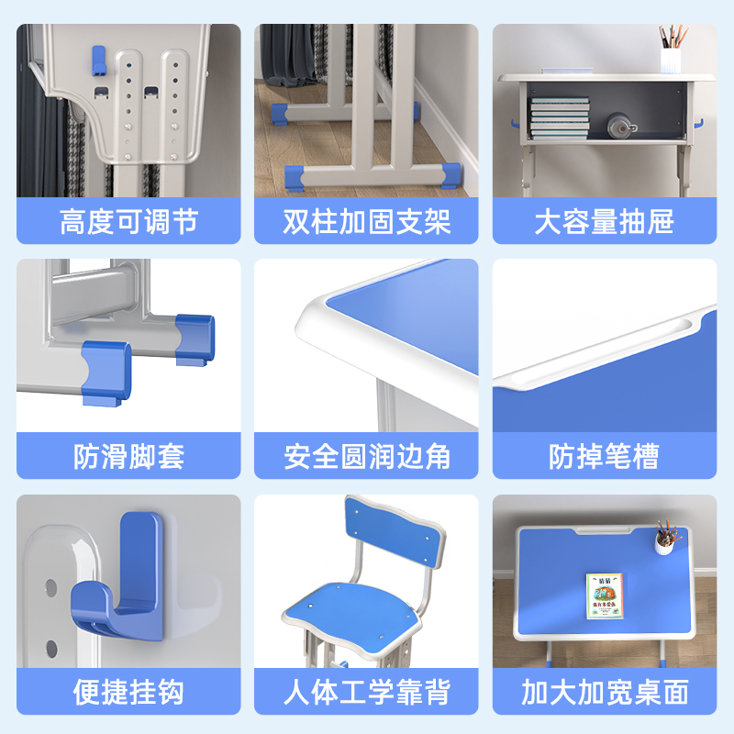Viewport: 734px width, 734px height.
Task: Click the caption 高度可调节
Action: [128, 221]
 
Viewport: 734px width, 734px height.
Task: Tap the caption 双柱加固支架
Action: [367, 221]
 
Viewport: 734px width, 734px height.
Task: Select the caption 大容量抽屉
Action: [605, 221]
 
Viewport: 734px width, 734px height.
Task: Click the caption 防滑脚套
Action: [128, 456]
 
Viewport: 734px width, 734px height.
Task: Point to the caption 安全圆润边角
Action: [367, 456]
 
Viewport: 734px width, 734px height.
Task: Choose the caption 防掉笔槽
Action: [605, 456]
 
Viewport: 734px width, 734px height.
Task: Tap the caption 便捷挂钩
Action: [128, 692]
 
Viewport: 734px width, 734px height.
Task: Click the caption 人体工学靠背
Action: [367, 692]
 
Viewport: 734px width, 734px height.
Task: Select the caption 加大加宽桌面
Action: [605, 692]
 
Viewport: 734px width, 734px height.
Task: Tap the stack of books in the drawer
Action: [559, 117]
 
